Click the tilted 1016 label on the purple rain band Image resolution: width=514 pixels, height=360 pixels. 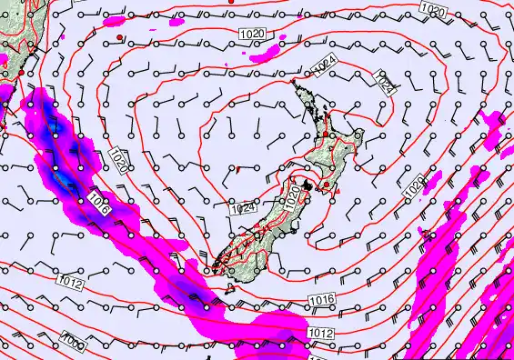(x=101, y=205)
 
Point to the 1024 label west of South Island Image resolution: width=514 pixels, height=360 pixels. (x=242, y=208)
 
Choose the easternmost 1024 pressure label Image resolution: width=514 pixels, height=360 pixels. (x=386, y=86)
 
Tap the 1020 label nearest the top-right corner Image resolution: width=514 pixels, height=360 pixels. (x=435, y=9)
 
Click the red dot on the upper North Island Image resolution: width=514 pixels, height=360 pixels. (x=325, y=135)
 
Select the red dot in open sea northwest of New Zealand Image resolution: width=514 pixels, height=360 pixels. (x=119, y=36)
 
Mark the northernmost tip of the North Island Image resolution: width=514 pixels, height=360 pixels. (x=293, y=82)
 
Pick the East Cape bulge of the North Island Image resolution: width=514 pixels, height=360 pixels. (x=360, y=136)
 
